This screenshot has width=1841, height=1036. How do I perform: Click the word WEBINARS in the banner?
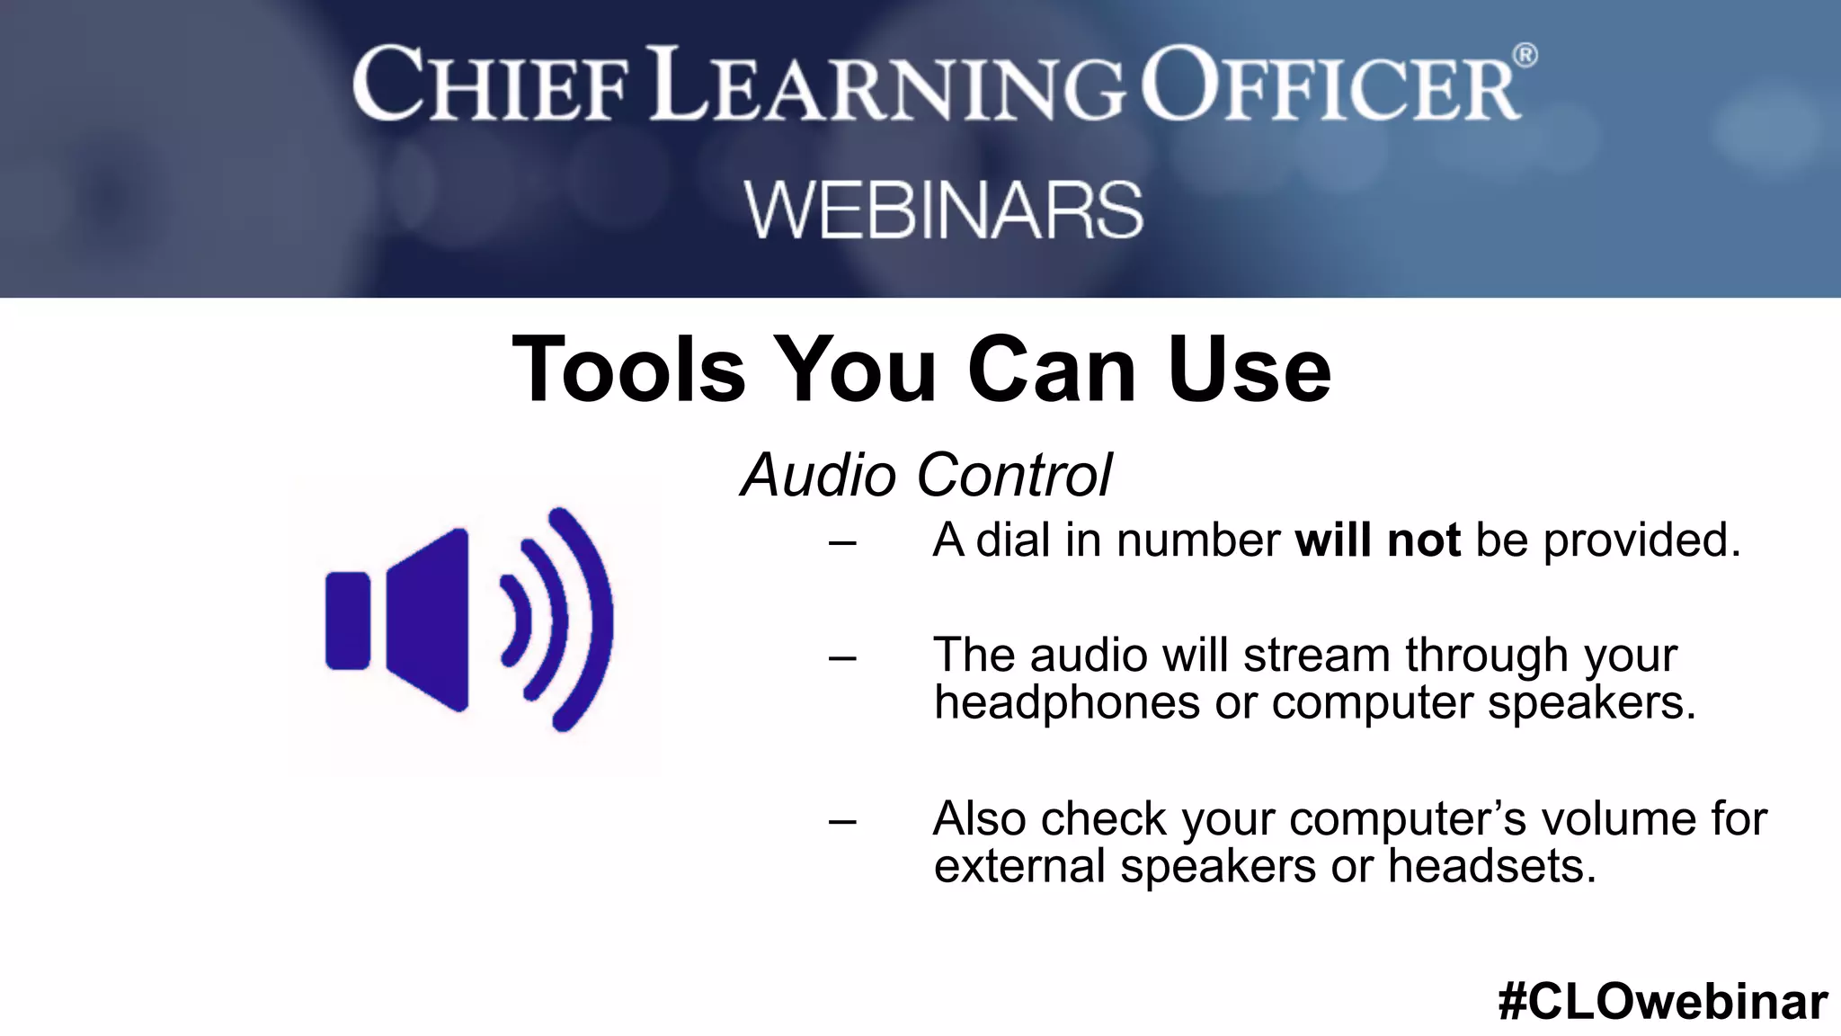tap(943, 210)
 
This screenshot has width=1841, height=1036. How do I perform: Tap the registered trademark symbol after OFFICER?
tap(1525, 56)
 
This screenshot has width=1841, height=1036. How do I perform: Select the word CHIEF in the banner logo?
tap(491, 86)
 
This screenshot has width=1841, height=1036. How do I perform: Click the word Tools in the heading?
tap(628, 370)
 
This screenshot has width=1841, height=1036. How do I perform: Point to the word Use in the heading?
tap(1249, 370)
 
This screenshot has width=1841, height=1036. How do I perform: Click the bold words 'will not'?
tap(1377, 540)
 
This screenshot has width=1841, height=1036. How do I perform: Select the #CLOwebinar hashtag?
tap(1662, 1001)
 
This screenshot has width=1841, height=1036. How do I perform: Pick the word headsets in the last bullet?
tap(1491, 866)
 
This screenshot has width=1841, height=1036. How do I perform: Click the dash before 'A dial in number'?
tap(842, 542)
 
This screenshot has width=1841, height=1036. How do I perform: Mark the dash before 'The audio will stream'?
tap(842, 657)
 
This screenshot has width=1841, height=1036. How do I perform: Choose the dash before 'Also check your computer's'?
tap(842, 821)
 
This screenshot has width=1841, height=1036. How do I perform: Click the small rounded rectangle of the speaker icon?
tap(348, 621)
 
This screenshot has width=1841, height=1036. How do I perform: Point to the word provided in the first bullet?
tap(1641, 540)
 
